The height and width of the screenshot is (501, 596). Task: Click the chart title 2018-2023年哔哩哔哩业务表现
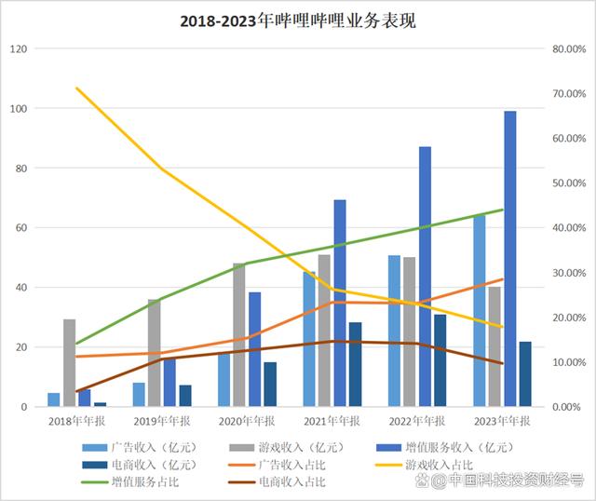(297, 20)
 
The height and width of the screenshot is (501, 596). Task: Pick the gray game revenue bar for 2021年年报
(324, 331)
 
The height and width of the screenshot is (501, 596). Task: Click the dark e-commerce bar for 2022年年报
(440, 360)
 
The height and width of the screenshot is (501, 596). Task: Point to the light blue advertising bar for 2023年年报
(479, 311)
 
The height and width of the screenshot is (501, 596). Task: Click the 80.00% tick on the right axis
(567, 48)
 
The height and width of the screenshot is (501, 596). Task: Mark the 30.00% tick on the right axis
(567, 273)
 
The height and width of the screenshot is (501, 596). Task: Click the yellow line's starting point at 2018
(76, 88)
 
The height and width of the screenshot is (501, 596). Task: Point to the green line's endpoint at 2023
(502, 210)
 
